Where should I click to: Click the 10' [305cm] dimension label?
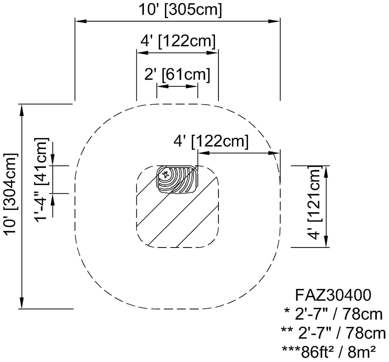point(180,10)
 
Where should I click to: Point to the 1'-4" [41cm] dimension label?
point(41,179)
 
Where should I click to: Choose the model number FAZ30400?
point(333,295)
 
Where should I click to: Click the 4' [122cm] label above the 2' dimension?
point(178,41)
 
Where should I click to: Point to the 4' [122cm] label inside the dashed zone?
point(211,141)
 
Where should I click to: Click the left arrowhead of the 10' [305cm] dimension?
point(81,21)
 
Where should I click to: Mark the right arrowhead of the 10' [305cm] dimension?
point(274,21)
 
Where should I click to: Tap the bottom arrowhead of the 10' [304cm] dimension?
point(22,303)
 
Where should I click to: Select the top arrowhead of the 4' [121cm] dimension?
point(326,171)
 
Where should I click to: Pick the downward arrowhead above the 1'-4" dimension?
point(52,159)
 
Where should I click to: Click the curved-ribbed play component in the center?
point(177,179)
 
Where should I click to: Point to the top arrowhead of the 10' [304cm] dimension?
point(22,110)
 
